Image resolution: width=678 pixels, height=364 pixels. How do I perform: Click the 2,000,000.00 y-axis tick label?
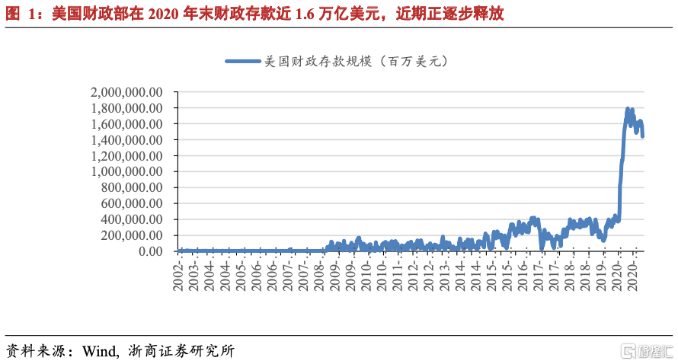(x=126, y=91)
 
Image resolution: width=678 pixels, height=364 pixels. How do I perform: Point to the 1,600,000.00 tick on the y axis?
(x=126, y=123)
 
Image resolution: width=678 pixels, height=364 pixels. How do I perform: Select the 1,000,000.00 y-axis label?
(x=126, y=171)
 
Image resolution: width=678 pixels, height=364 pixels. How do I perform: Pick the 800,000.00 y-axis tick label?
(x=130, y=187)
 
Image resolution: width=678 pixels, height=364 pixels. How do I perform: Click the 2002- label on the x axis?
(x=178, y=273)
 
